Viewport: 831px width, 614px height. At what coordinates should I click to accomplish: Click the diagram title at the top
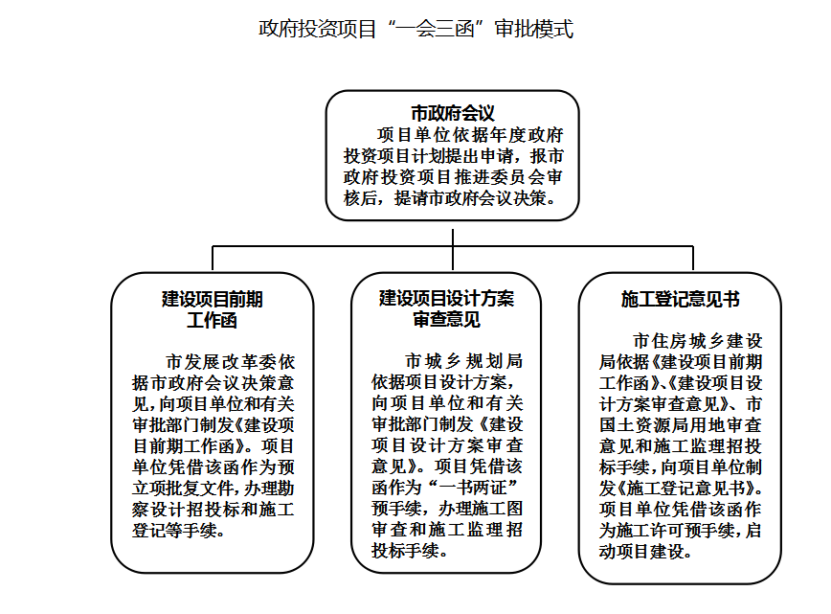click(x=415, y=29)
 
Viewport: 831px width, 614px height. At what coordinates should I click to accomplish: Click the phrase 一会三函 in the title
click(x=437, y=29)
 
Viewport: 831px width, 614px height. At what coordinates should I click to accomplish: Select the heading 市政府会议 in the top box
click(x=453, y=113)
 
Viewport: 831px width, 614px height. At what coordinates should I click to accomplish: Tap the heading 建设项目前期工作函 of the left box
click(x=212, y=309)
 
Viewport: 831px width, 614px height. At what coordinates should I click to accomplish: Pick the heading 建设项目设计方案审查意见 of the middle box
click(x=446, y=308)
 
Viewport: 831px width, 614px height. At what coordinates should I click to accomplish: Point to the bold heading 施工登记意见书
click(x=680, y=300)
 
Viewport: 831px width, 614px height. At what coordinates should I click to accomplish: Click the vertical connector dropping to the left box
click(x=213, y=259)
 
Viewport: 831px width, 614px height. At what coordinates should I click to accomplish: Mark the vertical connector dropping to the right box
click(x=693, y=259)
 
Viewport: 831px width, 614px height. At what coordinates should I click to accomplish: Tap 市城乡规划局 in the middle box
click(x=463, y=361)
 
